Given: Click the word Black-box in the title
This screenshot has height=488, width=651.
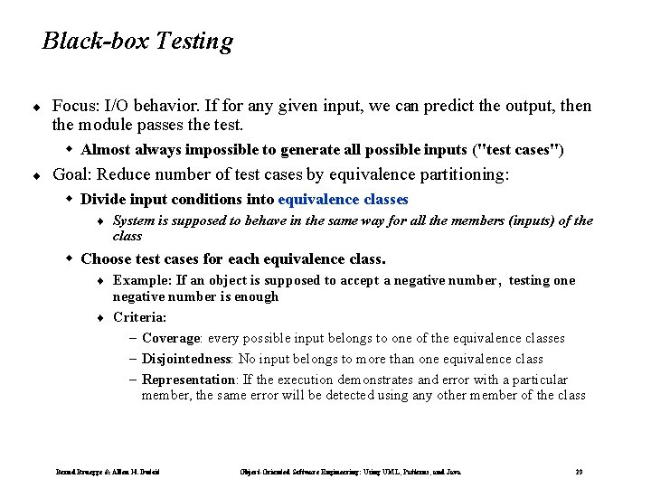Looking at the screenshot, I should point(84,42).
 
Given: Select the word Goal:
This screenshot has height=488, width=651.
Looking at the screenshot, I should point(74,174).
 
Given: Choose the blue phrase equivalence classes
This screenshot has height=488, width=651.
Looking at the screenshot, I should point(344,199).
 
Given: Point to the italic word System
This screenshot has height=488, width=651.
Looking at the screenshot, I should point(134,221).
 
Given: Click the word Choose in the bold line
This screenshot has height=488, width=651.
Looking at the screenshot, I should point(107,259).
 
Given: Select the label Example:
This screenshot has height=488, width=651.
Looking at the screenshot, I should point(142,281).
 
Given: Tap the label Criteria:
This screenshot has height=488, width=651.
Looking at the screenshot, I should point(140,317).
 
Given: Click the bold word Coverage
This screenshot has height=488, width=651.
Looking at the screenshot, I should point(171,339).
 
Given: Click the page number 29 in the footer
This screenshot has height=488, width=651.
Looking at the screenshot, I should point(579,472).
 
